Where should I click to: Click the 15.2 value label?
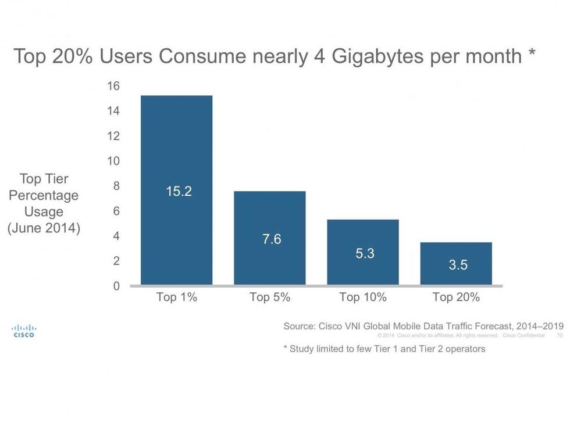[179, 191]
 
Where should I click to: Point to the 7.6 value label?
[272, 239]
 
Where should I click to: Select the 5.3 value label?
[365, 253]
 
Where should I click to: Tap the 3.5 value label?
[458, 265]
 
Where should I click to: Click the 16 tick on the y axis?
[113, 86]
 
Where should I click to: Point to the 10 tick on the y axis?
[113, 161]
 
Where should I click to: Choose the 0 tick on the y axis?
[116, 286]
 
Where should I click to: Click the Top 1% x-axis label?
[177, 297]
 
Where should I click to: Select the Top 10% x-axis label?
[363, 297]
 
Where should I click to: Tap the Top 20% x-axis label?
[456, 297]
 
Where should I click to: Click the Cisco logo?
[24, 331]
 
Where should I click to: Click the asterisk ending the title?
[532, 54]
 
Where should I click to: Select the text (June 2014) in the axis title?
[44, 228]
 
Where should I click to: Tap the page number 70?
[560, 336]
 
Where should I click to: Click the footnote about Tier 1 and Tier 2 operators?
[384, 349]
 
